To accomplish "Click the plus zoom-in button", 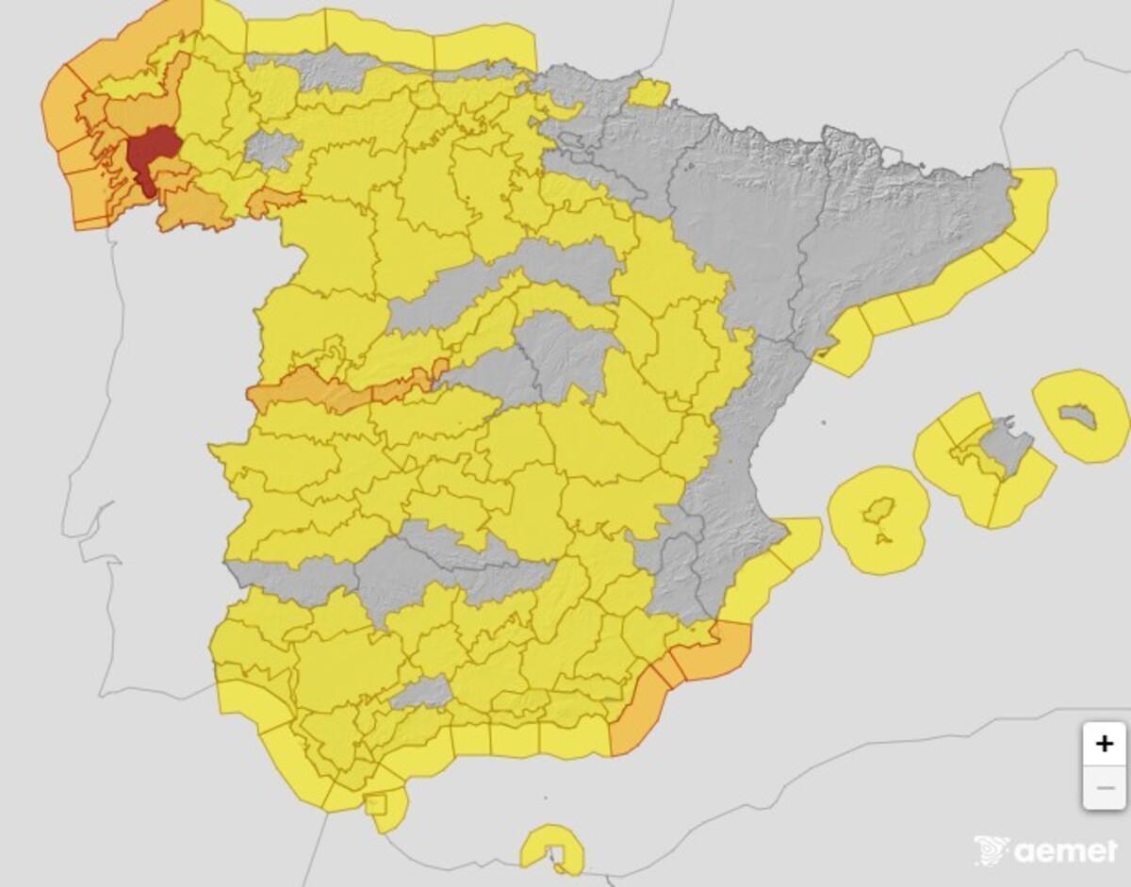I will pos(1104,744).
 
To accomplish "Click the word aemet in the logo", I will pos(1065,851).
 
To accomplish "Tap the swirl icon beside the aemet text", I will pos(992,849).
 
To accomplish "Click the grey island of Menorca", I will pos(1077,415).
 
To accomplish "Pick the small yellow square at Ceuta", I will pos(375,804).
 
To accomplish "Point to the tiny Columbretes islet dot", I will pos(823,423).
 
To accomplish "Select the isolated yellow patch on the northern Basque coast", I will pos(648,93).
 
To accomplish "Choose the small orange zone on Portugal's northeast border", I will pos(275,200).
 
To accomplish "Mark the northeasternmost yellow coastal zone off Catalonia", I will pos(1032,203).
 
